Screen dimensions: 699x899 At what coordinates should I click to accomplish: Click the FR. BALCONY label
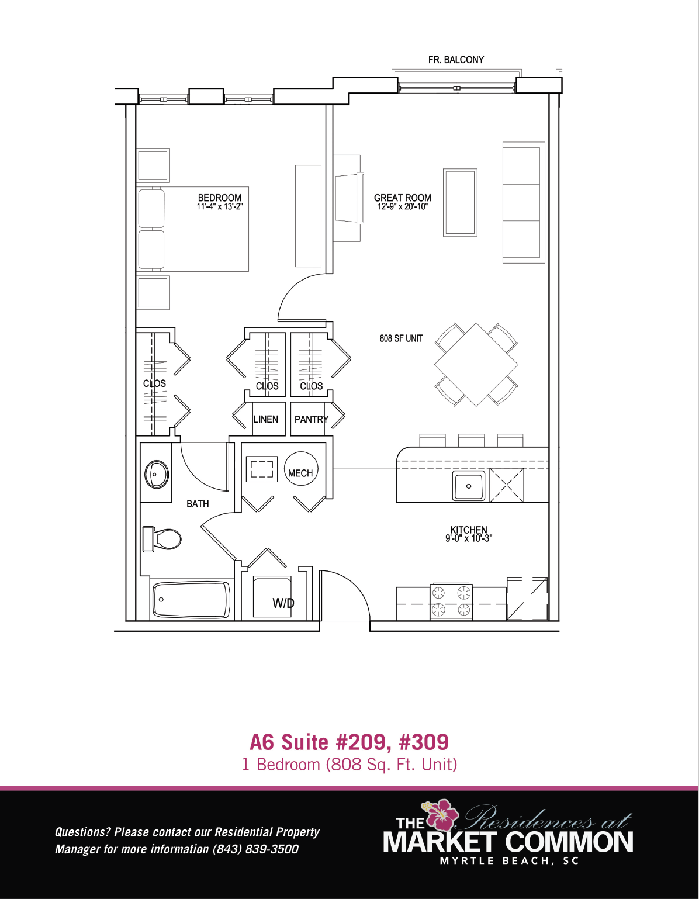(x=456, y=60)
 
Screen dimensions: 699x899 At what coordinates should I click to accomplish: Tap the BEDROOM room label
(x=220, y=198)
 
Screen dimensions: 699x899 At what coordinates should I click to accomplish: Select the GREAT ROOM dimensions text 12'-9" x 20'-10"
(x=403, y=206)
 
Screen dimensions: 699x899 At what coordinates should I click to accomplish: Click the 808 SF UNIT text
(x=401, y=338)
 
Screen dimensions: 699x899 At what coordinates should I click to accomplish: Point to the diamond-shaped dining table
(x=476, y=365)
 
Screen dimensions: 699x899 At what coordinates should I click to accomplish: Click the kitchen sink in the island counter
(x=469, y=486)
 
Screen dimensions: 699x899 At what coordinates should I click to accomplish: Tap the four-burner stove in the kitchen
(x=451, y=601)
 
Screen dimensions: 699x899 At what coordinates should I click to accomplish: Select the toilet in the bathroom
(x=162, y=539)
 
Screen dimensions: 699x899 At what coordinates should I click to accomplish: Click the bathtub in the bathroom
(x=192, y=600)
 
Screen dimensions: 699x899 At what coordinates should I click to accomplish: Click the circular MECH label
(x=300, y=473)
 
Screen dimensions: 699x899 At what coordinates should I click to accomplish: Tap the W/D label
(x=283, y=604)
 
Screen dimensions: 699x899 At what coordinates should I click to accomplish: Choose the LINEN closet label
(x=265, y=419)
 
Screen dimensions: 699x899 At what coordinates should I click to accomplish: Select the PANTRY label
(x=312, y=420)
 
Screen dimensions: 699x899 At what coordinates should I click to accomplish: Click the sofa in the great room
(x=524, y=203)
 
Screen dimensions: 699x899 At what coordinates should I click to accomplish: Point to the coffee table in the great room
(x=460, y=203)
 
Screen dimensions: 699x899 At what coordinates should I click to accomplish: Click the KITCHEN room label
(x=469, y=530)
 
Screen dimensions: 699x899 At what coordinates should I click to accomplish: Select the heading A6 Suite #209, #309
(x=349, y=742)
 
